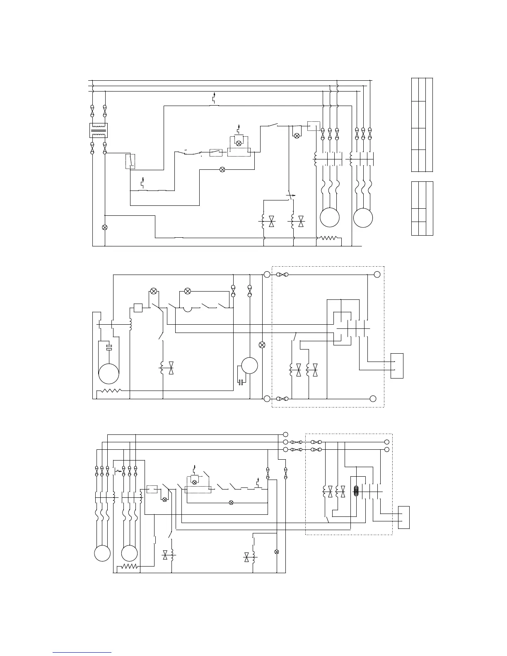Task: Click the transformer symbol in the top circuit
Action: click(99, 130)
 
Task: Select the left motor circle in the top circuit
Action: click(330, 217)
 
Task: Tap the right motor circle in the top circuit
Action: click(363, 217)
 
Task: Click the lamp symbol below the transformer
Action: click(105, 227)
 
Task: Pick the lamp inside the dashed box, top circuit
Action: click(238, 143)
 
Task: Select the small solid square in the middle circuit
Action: click(138, 308)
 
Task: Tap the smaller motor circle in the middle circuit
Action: click(249, 366)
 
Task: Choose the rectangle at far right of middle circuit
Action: click(397, 366)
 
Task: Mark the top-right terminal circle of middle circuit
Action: click(377, 274)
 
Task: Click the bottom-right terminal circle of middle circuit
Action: click(373, 398)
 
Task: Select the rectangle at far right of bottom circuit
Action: click(404, 517)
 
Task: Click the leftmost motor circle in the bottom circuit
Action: click(102, 553)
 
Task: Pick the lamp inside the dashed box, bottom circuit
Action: click(193, 482)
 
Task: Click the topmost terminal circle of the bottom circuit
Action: click(285, 434)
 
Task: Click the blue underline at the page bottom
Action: click(82, 652)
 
